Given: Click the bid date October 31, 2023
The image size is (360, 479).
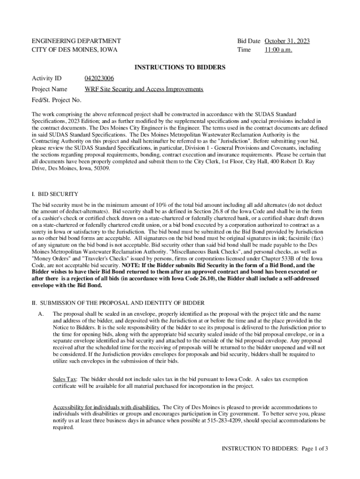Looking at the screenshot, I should point(287,41).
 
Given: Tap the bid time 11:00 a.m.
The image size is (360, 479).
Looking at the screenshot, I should point(278,50).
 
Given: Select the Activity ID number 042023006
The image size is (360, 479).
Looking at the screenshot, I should point(99,78).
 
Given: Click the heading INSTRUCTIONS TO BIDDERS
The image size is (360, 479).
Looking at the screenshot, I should point(180,67).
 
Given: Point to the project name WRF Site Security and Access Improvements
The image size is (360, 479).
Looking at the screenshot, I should point(144,89).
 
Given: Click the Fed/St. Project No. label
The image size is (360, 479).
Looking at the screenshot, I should point(57,100).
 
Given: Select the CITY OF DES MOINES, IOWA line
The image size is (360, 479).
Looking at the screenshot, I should point(74,50).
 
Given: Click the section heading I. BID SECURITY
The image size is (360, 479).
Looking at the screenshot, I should point(55,194).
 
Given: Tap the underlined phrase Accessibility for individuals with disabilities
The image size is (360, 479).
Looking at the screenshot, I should point(106,407).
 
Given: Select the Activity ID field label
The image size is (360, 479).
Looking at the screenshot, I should point(46,78).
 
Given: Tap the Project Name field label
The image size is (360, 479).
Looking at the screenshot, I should point(49,89).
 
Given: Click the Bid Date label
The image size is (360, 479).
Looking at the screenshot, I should point(249,41).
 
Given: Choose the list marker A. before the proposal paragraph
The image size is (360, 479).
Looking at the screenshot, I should point(41,313).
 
